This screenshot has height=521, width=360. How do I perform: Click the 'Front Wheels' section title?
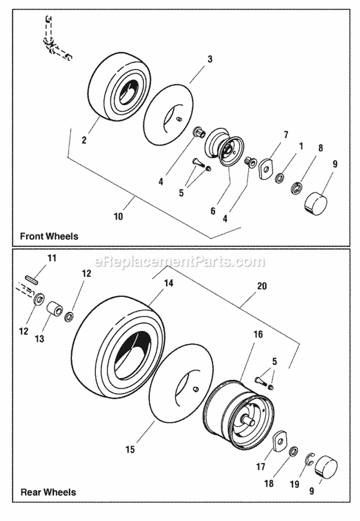49,236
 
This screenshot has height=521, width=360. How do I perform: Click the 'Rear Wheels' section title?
48,492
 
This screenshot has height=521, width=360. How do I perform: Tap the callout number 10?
118,216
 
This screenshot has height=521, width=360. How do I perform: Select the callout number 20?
262,286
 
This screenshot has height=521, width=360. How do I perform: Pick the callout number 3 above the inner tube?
210,59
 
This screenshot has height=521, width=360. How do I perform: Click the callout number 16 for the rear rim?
258,335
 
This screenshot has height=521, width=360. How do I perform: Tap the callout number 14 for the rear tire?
168,283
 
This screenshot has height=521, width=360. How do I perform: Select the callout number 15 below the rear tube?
130,449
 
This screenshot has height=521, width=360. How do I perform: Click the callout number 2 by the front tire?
84,140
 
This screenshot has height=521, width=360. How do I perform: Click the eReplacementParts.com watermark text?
180,262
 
